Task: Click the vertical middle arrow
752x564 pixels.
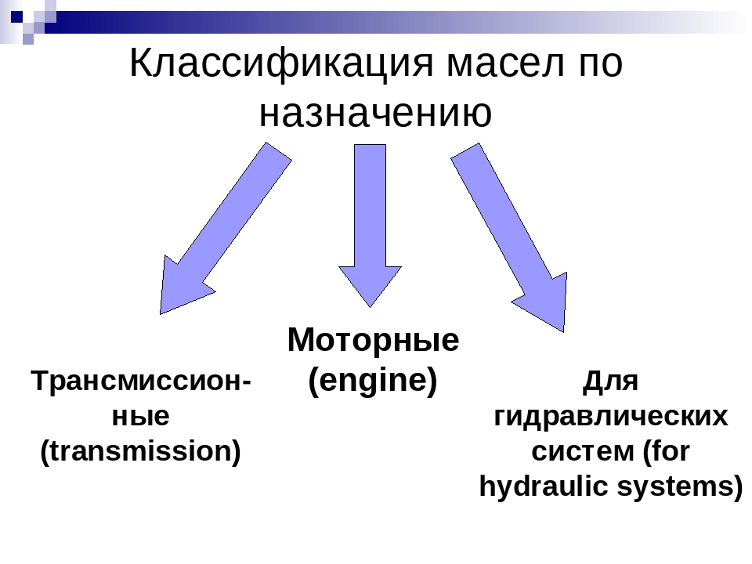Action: click(370, 219)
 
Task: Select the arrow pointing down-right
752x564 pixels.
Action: click(513, 235)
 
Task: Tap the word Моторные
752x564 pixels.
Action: click(373, 341)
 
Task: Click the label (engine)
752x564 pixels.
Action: click(373, 381)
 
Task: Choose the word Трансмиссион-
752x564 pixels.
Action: click(141, 382)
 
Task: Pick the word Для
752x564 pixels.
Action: click(611, 382)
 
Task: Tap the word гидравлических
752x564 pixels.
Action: click(611, 416)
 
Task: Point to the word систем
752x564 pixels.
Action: click(582, 451)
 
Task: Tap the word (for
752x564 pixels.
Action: click(665, 451)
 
